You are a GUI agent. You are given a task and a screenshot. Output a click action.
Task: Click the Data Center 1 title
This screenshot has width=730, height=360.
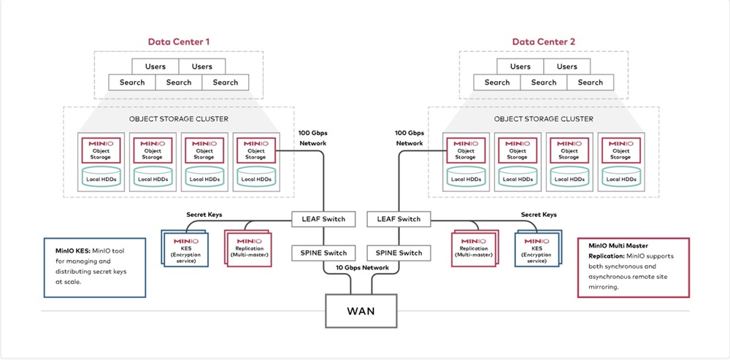tap(179, 42)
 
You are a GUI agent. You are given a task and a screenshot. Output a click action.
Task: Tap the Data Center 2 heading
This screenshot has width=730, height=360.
tap(544, 42)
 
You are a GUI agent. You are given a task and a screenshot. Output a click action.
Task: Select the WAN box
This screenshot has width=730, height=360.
tap(361, 310)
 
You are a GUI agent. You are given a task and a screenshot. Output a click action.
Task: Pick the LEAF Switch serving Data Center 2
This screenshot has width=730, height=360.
tap(399, 219)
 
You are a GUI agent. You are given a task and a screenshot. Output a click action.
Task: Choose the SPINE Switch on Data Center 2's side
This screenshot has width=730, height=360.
tap(399, 253)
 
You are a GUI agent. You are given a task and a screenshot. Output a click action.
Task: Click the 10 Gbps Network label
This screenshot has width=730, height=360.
tap(361, 267)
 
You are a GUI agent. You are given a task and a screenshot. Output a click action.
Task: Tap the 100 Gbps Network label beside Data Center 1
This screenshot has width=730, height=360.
tap(312, 138)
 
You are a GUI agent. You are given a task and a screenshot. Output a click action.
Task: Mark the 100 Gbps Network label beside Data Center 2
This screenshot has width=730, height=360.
tap(410, 138)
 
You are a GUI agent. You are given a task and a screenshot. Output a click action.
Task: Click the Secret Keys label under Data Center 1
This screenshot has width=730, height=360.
tap(204, 215)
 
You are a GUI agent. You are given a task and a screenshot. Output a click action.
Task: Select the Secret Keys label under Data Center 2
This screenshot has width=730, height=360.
tap(538, 215)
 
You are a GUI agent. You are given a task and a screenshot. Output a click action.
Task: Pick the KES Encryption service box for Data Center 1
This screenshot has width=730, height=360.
tap(185, 248)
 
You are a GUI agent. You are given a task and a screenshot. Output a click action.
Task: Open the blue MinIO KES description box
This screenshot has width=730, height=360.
tap(94, 267)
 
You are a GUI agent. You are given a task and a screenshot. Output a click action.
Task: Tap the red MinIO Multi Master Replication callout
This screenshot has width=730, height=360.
tap(633, 267)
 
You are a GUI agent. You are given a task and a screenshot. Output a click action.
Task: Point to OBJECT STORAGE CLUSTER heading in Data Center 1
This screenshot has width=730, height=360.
tap(179, 119)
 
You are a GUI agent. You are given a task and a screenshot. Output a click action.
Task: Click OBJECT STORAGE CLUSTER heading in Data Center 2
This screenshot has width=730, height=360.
tap(544, 119)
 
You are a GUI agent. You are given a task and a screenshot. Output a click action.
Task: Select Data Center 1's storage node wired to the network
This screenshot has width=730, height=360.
tap(256, 161)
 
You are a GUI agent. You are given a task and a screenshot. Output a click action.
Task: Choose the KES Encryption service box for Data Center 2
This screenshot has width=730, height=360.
tap(538, 248)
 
